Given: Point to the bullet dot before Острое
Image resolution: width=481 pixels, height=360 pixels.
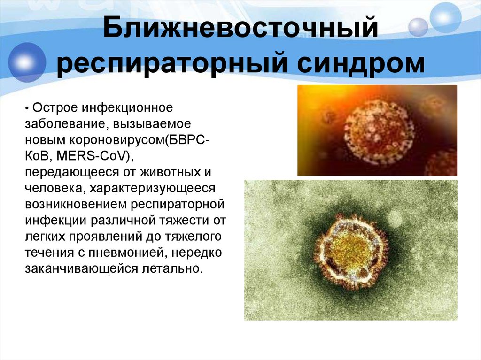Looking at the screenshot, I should coord(28,109).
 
